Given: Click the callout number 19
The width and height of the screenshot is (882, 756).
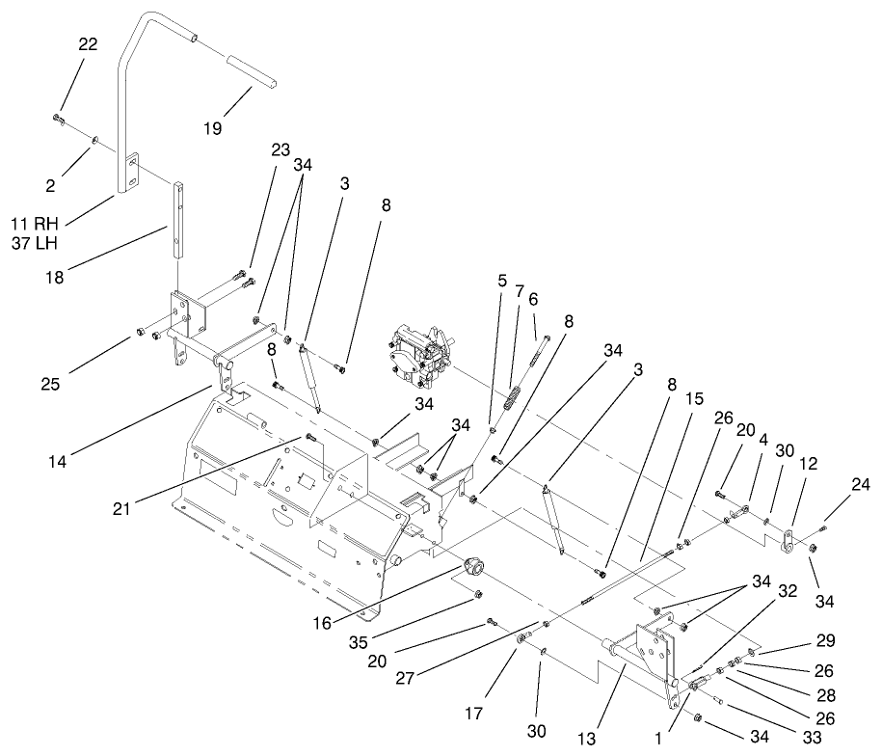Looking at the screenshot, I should [x=212, y=126].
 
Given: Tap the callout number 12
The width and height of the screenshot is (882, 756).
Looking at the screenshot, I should [x=808, y=464].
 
